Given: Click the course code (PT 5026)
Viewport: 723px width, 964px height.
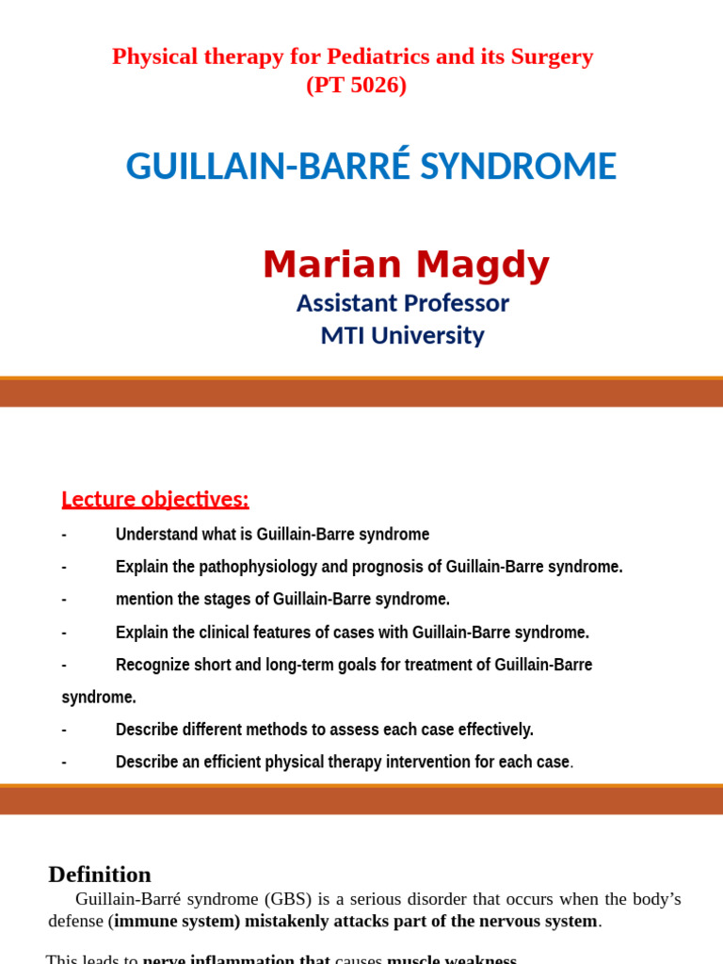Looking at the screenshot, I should (356, 85).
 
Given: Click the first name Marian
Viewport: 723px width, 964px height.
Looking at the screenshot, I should (332, 265).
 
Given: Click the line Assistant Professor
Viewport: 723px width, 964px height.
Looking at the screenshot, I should (402, 303).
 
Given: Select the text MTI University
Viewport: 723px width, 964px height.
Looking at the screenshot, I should (402, 335).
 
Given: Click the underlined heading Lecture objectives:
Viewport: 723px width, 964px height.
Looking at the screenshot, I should (155, 499).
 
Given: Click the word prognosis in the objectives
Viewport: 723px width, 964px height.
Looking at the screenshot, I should (388, 567).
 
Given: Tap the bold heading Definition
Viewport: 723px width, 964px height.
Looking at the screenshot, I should (100, 875).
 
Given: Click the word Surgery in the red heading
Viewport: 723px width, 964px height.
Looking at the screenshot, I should (555, 56).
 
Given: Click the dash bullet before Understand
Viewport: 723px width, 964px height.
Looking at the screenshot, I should (64, 535).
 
